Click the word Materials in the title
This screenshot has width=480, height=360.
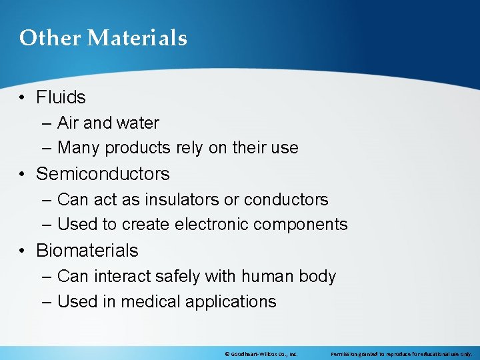pos(138,38)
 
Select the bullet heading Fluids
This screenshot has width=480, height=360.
pos(61,97)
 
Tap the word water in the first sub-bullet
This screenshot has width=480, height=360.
pos(137,123)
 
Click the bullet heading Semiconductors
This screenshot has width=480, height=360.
pos(103,174)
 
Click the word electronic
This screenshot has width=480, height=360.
pos(213,225)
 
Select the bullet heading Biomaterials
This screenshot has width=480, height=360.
pos(87,251)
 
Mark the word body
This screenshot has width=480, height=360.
pos(319,276)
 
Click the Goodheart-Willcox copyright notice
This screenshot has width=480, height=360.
pos(261,353)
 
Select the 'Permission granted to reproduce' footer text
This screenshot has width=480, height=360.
pos(401,353)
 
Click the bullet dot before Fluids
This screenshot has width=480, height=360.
pos(23,98)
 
